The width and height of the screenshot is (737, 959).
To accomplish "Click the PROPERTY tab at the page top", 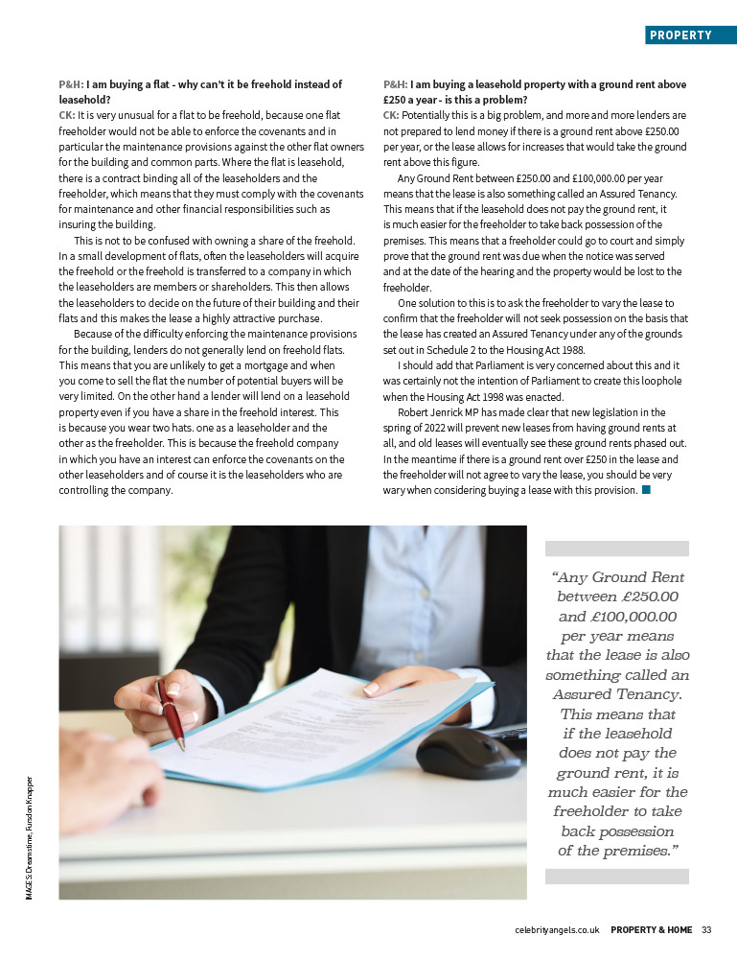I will pyautogui.click(x=680, y=35).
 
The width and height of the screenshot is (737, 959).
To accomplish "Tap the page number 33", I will pyautogui.click(x=706, y=929).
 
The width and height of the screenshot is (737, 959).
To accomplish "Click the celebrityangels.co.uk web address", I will pyautogui.click(x=557, y=929).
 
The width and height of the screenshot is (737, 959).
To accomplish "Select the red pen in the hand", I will pyautogui.click(x=172, y=712).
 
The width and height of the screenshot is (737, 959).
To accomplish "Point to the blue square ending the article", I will pyautogui.click(x=646, y=490).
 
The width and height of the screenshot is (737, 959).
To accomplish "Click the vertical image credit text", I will pyautogui.click(x=32, y=837).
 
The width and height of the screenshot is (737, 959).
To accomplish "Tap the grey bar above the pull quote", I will pyautogui.click(x=616, y=549).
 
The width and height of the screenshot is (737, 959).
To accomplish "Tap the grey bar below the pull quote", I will pyautogui.click(x=616, y=877).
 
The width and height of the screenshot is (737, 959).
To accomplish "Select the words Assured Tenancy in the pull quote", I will pyautogui.click(x=617, y=694).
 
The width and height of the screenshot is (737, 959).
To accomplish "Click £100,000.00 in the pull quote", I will pyautogui.click(x=636, y=617).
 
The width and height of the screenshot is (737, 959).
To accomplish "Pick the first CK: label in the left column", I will pyautogui.click(x=67, y=114).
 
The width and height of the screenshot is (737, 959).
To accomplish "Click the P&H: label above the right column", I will pyautogui.click(x=395, y=84).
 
